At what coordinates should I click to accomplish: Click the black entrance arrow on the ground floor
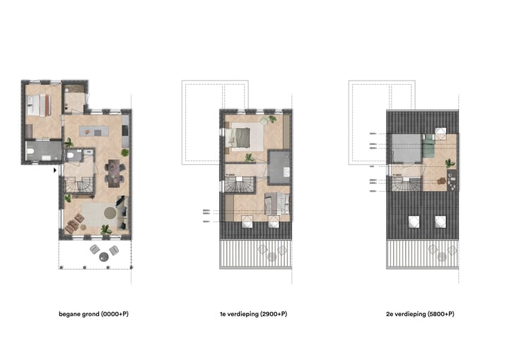[56, 170]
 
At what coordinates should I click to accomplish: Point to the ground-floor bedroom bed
[37, 105]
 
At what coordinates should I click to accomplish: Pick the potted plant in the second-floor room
[449, 163]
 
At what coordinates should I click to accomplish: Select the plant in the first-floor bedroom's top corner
[271, 120]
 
